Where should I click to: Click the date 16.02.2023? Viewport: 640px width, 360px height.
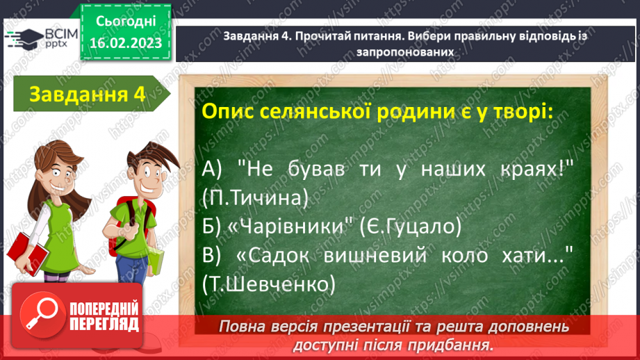(125, 43)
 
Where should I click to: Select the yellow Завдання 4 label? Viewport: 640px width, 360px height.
(86, 95)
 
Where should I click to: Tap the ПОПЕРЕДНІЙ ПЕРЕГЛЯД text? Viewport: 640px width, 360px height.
(104, 317)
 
